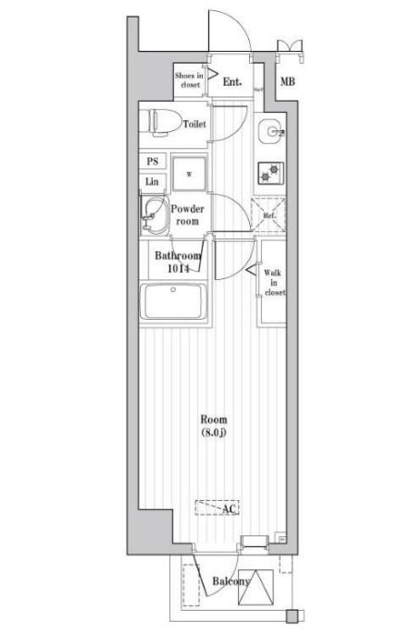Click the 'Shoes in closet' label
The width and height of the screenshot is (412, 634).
click(190, 80)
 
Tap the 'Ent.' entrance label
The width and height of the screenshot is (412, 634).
click(232, 82)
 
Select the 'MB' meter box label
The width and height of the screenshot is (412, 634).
click(288, 83)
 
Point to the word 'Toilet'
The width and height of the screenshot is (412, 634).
click(194, 124)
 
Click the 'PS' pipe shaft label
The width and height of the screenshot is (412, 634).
click(152, 161)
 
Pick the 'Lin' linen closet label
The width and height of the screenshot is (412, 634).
click(152, 182)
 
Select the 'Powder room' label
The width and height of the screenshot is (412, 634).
click(189, 215)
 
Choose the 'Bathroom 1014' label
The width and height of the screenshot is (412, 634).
click(177, 262)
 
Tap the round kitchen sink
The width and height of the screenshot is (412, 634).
click(271, 131)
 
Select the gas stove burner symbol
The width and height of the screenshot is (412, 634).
click(271, 171)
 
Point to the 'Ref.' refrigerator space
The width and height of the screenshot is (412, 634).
click(271, 215)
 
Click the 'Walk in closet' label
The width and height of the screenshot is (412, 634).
click(274, 282)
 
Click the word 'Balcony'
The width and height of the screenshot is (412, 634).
click(230, 581)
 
